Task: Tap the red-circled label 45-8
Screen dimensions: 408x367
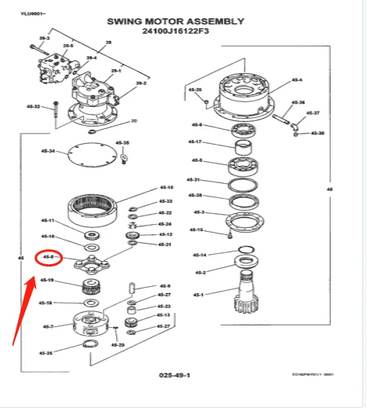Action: pos(48,257)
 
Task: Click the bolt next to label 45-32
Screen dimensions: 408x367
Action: pos(56,112)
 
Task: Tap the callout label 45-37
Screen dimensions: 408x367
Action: pos(312,113)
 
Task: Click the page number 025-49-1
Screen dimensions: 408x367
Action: pos(174,376)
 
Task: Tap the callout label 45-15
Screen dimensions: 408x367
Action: pos(196,230)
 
